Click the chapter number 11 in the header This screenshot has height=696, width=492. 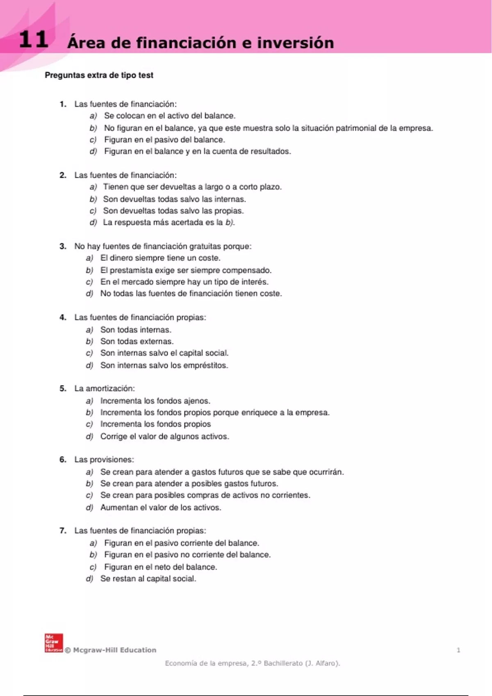[x=34, y=40]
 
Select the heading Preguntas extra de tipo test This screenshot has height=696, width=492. [x=99, y=75]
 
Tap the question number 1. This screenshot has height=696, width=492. [x=63, y=104]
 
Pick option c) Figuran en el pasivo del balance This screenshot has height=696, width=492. [x=164, y=140]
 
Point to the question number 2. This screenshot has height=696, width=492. [x=63, y=175]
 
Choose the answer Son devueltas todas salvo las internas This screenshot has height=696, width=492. [x=174, y=199]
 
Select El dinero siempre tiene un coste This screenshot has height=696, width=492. [x=160, y=258]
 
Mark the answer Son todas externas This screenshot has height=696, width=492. [x=137, y=341]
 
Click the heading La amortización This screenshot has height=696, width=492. [x=104, y=389]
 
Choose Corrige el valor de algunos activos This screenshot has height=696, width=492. [x=164, y=436]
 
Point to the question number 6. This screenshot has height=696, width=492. [x=63, y=460]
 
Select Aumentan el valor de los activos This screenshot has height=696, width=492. [x=161, y=508]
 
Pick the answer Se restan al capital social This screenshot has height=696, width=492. [x=148, y=579]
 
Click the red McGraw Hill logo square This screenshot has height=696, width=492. [x=54, y=643]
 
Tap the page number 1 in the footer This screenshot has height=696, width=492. [x=458, y=650]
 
